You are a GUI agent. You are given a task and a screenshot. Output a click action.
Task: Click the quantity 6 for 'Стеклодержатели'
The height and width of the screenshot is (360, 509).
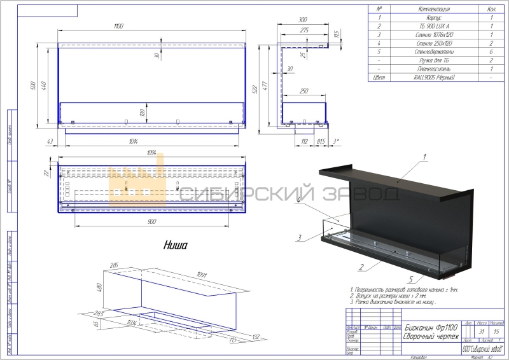tap(491, 52)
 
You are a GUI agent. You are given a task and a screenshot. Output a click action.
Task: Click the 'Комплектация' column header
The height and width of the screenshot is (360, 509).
tap(431, 10)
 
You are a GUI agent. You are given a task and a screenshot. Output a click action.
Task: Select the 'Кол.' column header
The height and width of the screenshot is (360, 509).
tap(491, 10)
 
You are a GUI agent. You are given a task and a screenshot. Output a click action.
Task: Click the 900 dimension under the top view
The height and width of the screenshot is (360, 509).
tap(151, 222)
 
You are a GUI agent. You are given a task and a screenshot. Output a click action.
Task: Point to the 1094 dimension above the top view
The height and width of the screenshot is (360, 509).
tap(151, 154)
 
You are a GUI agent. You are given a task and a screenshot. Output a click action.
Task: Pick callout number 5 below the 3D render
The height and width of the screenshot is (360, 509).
tap(412, 279)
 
